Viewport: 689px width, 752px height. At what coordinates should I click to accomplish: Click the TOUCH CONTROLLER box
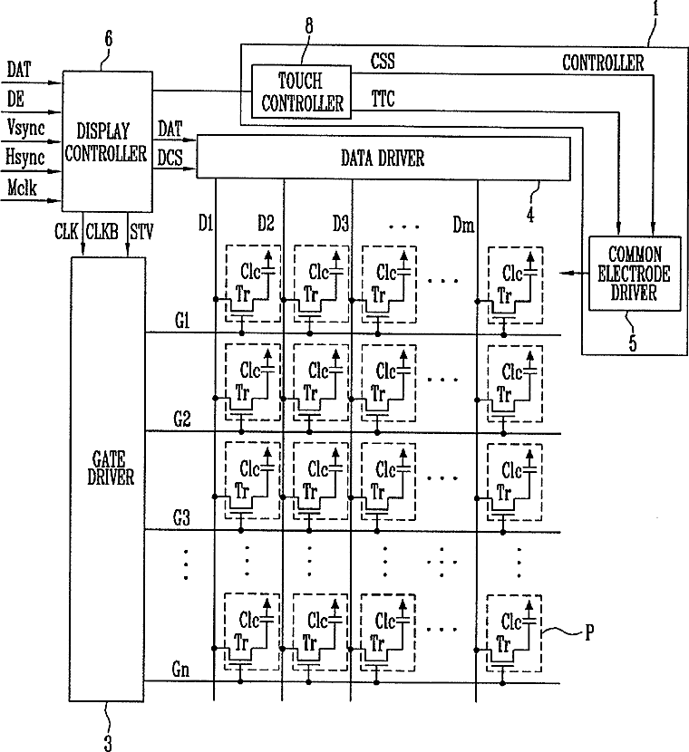tap(301, 92)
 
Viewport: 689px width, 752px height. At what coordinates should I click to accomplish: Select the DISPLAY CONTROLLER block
tap(108, 141)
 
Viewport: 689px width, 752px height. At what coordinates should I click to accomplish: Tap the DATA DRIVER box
tap(383, 158)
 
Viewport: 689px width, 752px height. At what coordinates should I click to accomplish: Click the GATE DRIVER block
tap(108, 479)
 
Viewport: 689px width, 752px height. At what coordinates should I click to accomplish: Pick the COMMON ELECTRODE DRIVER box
tap(635, 274)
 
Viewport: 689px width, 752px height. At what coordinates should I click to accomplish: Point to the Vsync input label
tap(26, 128)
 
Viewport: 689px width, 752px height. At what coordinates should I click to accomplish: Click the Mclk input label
tap(22, 187)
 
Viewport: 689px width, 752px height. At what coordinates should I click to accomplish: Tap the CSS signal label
tap(383, 61)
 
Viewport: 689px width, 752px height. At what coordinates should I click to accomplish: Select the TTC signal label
tap(383, 99)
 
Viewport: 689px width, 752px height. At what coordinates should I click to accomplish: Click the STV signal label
tap(141, 232)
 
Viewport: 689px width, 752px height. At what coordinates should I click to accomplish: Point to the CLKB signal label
tap(102, 232)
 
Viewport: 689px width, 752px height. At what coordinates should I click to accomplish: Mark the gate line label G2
tap(182, 419)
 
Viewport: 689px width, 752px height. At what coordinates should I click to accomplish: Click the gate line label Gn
tap(180, 670)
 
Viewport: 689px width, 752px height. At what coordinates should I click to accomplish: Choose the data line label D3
tap(341, 224)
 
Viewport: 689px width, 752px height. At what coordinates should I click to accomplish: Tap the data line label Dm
tap(463, 225)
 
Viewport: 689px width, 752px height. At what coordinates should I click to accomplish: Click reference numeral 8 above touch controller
tap(309, 26)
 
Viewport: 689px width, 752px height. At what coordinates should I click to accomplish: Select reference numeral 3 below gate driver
tap(108, 743)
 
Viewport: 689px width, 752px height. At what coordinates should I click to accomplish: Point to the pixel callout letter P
tap(589, 633)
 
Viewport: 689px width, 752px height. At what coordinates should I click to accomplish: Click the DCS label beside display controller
tap(170, 158)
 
